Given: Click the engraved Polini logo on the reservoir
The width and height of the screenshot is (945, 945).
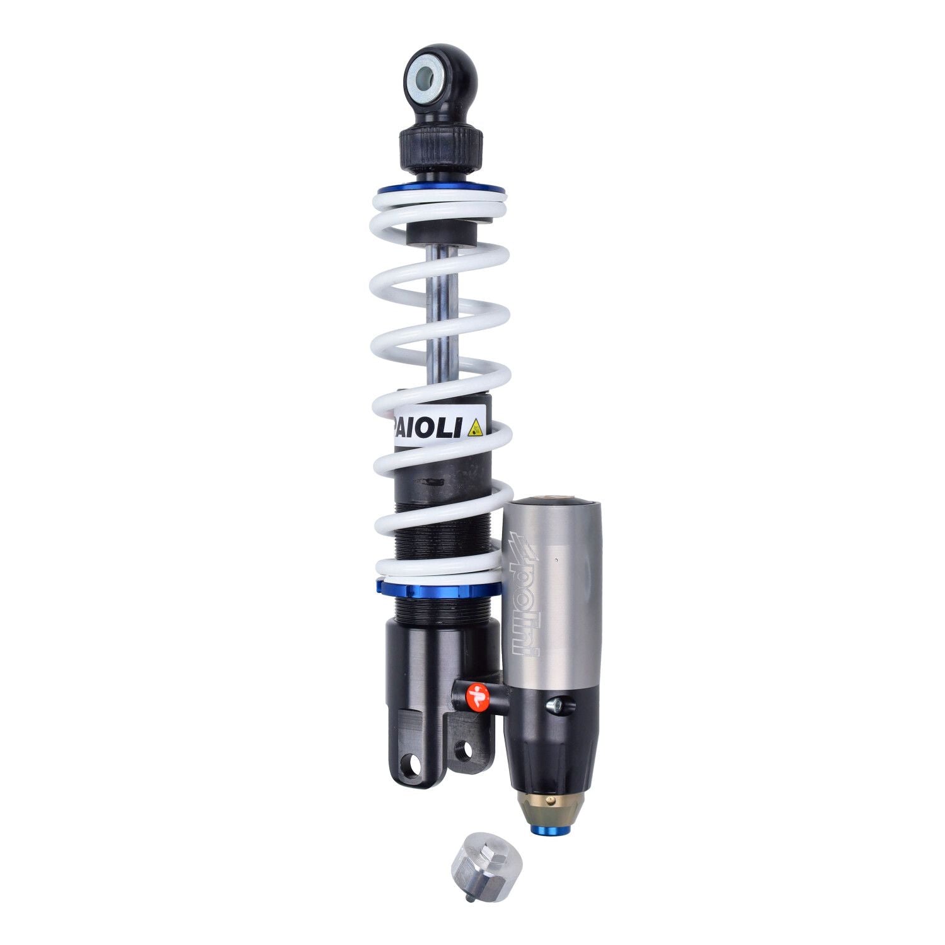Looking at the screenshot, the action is (522, 595).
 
